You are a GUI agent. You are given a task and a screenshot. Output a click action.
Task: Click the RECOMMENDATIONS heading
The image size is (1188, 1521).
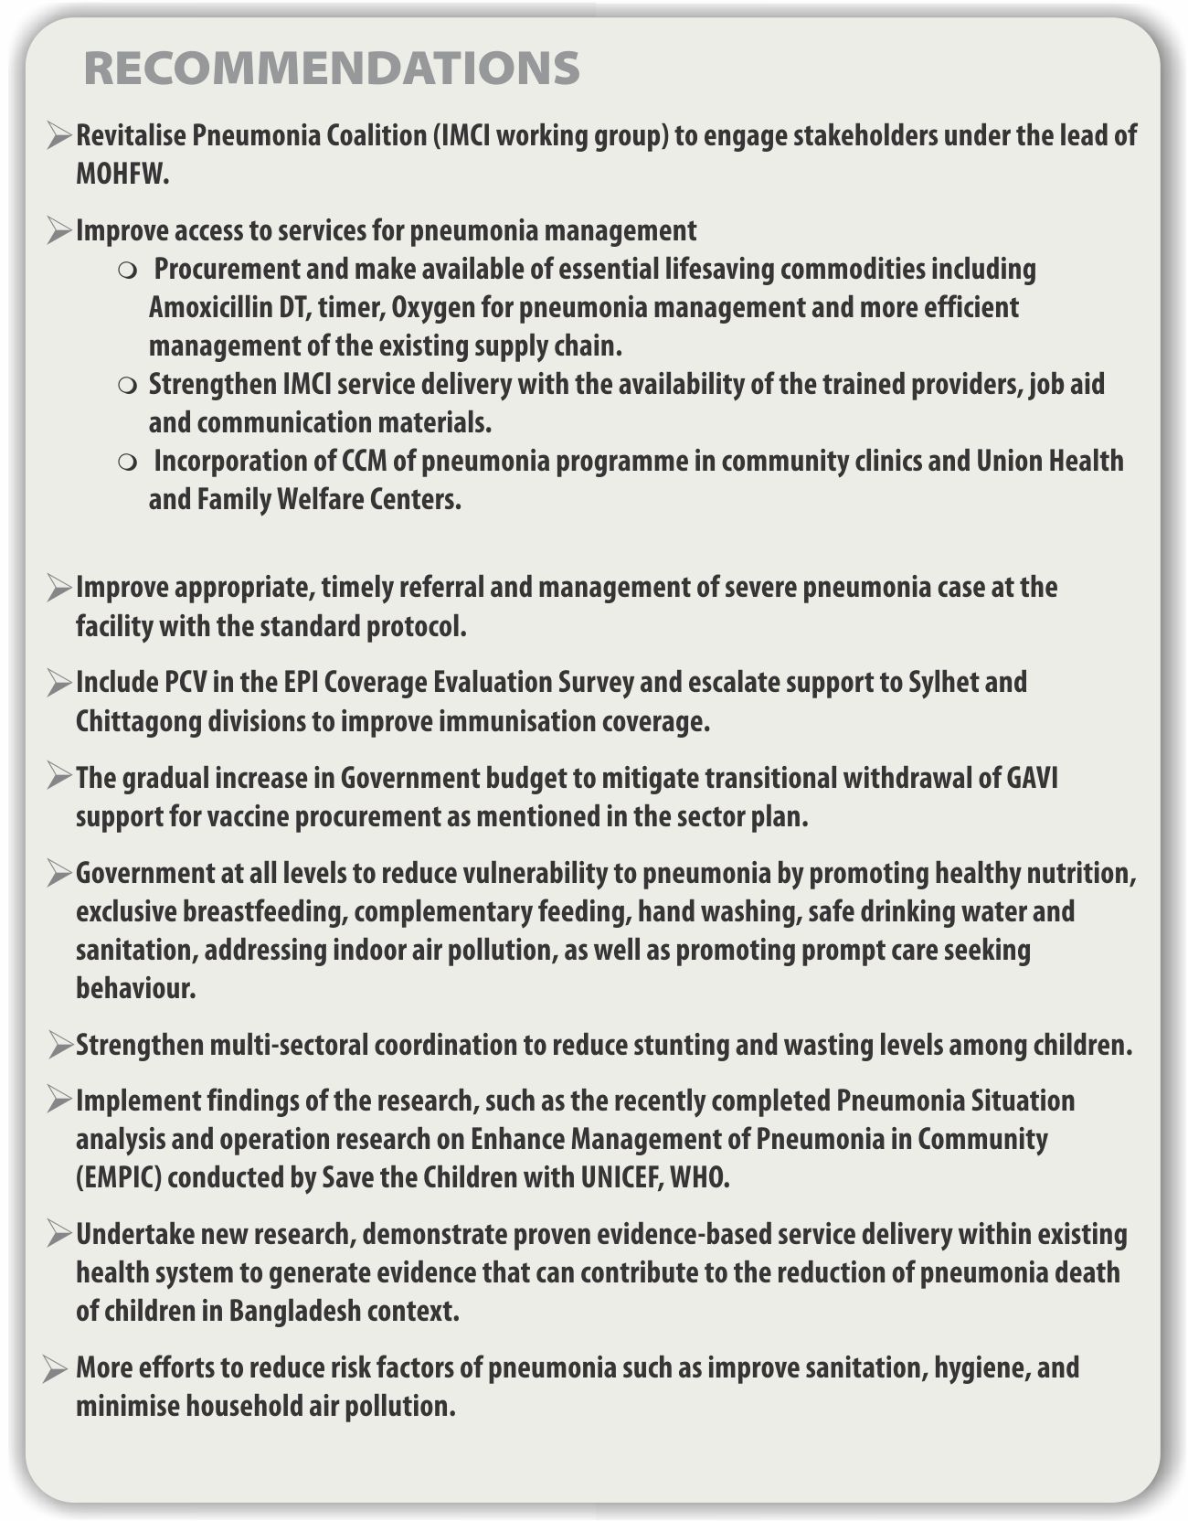click(x=332, y=69)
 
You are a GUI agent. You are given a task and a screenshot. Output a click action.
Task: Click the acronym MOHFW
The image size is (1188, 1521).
click(x=122, y=175)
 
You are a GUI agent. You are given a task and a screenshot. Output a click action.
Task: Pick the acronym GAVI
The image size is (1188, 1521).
click(x=1032, y=778)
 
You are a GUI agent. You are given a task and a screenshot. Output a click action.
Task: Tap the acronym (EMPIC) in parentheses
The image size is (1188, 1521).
click(x=119, y=1177)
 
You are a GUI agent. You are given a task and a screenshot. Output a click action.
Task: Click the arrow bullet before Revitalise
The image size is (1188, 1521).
click(x=58, y=136)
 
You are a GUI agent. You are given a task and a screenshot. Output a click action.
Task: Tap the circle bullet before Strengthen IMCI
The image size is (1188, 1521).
click(x=127, y=385)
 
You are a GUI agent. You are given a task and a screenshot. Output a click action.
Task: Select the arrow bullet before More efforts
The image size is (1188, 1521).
click(x=55, y=1368)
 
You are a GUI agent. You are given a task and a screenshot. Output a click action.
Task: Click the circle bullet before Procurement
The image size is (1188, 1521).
click(x=127, y=271)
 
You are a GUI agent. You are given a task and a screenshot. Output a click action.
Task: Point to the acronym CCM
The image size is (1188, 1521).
click(x=365, y=462)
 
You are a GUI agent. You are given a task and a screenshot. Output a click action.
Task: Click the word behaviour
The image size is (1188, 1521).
click(x=135, y=989)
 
